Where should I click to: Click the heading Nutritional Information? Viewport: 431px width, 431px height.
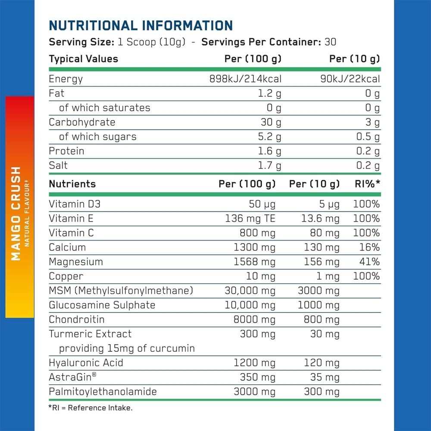point(141,25)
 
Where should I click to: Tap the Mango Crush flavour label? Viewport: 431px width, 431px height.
point(16,213)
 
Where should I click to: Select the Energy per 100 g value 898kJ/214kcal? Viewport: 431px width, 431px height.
point(245,79)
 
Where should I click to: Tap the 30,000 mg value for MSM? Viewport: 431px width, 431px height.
point(250,290)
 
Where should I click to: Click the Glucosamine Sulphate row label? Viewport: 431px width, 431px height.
point(102,305)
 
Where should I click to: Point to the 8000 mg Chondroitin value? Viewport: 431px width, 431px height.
point(254,320)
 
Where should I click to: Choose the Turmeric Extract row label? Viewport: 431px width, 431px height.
point(90,334)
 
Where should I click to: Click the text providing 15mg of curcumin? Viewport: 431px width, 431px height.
point(127,348)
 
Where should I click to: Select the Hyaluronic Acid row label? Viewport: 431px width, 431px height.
point(86,363)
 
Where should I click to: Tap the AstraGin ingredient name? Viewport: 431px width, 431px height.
point(72,378)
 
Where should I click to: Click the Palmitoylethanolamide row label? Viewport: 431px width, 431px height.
point(103,392)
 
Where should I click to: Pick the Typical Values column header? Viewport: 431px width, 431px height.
point(83,59)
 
